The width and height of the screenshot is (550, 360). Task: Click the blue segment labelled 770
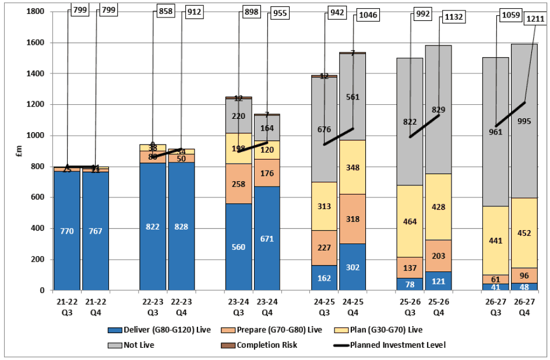coord(66,231)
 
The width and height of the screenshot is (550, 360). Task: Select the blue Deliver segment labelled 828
coord(181,226)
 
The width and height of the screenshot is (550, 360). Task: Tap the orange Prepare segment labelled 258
coord(238,184)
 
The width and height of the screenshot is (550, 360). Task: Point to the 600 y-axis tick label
coord(37,197)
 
